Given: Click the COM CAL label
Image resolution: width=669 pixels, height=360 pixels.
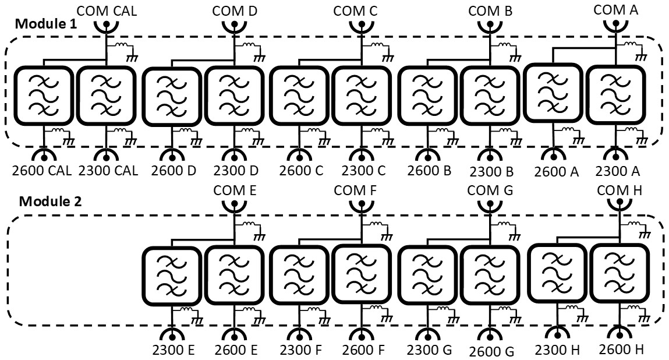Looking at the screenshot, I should pos(107,10).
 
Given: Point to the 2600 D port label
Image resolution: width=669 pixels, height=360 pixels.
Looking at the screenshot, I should pos(172,171).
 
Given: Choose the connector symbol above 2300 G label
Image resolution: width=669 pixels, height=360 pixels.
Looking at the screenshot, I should pos(426,334).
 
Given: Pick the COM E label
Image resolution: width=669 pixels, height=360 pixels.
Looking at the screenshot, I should pos(235,190).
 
